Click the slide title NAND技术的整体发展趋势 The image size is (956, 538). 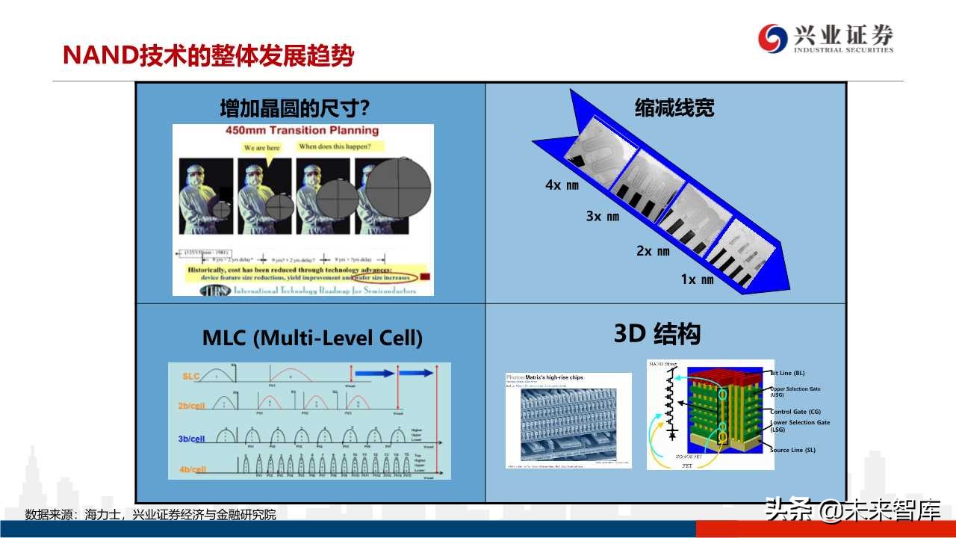[208, 56]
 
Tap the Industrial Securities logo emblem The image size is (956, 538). [772, 38]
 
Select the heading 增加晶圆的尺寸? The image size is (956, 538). [295, 109]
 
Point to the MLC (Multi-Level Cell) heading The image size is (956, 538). [312, 338]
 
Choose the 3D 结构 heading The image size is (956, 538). [657, 334]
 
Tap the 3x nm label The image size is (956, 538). [602, 217]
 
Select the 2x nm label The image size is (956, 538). [653, 251]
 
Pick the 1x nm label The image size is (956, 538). [697, 279]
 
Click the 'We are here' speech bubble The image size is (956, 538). [262, 148]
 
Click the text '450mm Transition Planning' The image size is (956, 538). [302, 131]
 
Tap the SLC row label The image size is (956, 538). [191, 377]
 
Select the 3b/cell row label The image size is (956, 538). [192, 439]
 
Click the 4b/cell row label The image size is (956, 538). [192, 469]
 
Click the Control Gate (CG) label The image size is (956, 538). [795, 412]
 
